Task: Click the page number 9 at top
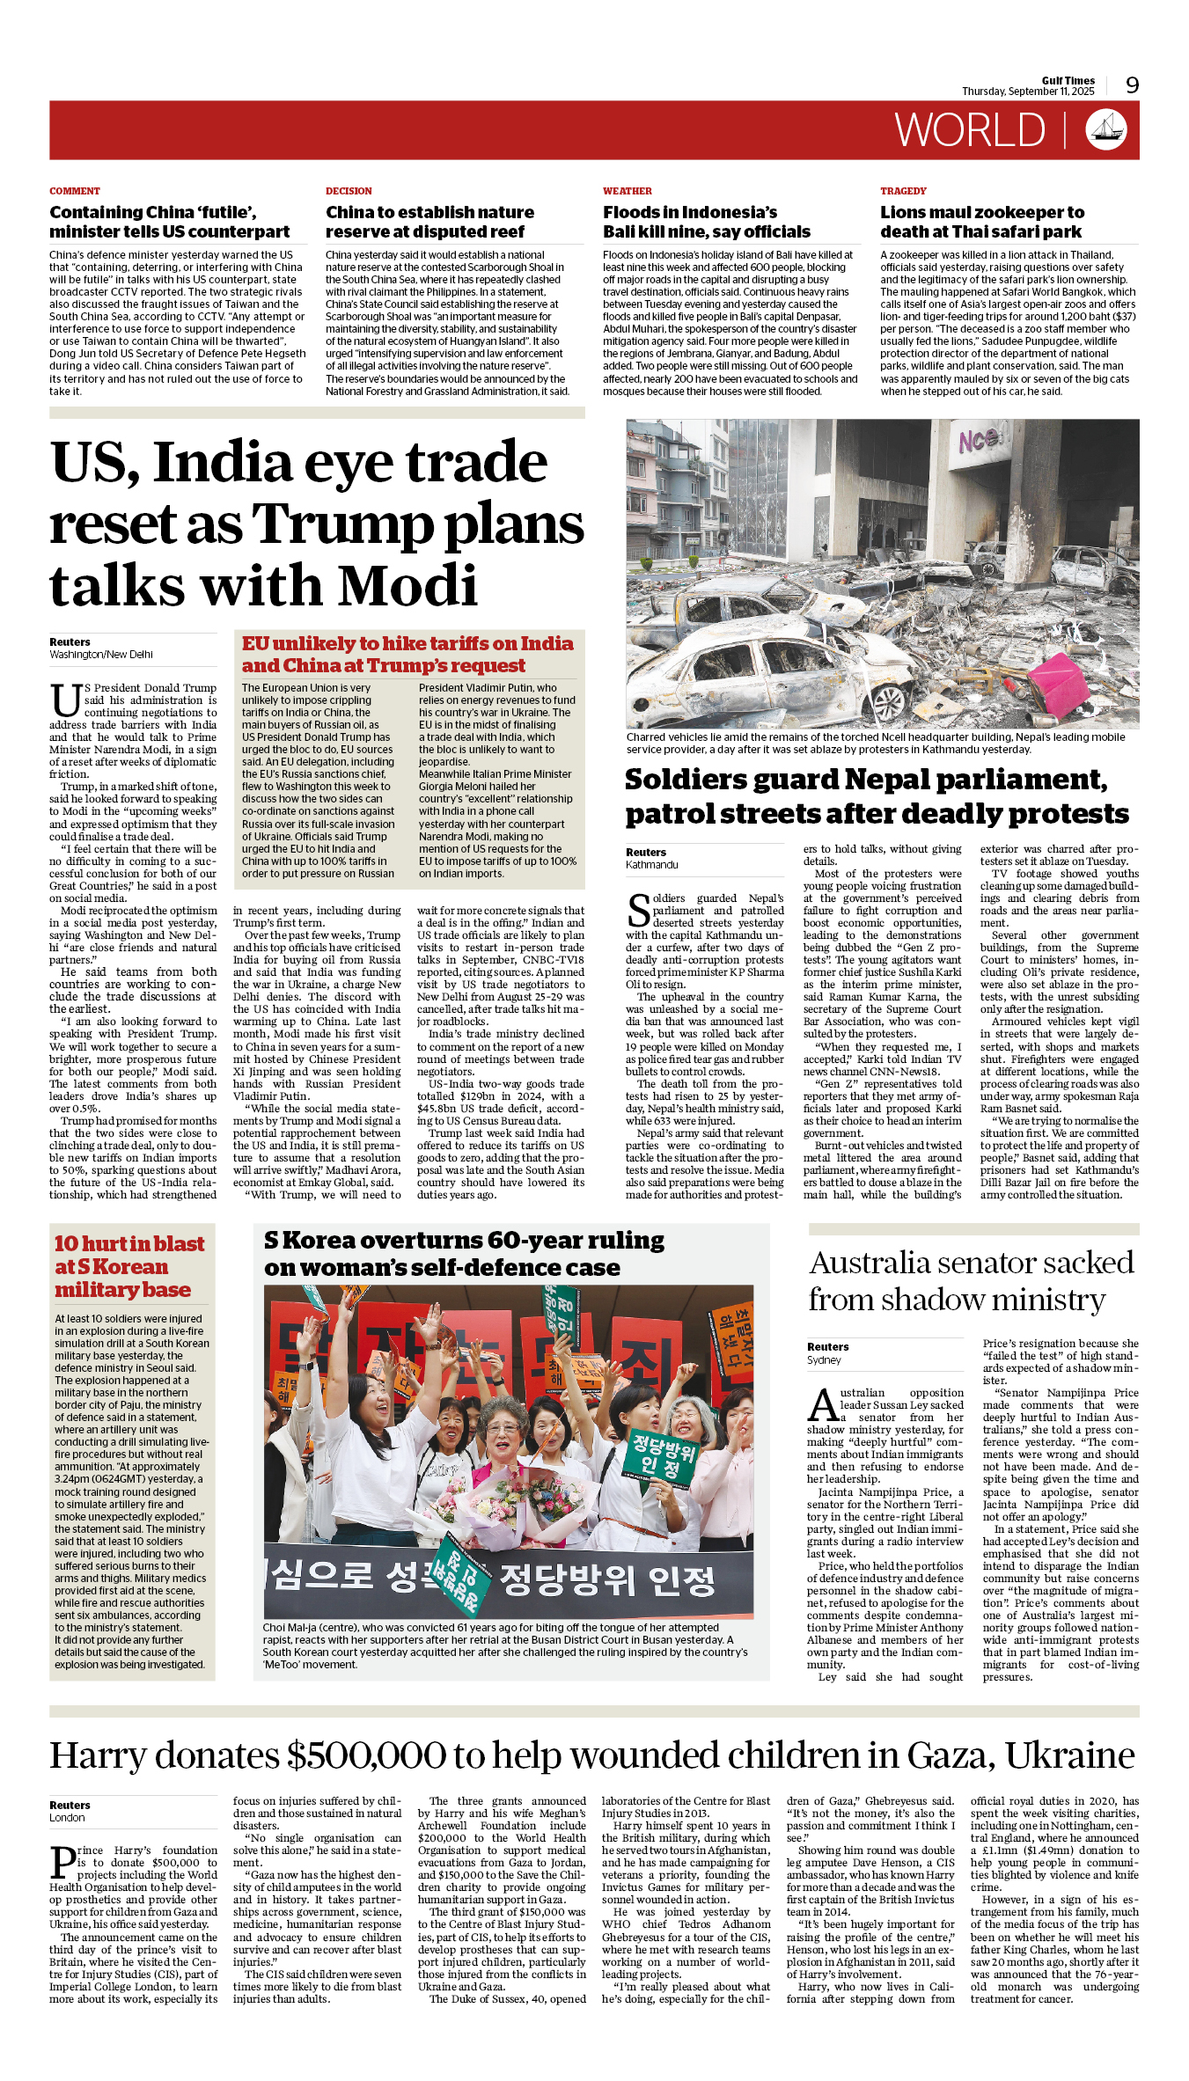(x=1132, y=85)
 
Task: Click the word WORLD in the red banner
(x=970, y=131)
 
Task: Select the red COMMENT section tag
(x=75, y=191)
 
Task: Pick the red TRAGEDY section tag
(x=903, y=191)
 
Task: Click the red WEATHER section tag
(x=628, y=191)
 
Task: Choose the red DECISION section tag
(x=349, y=191)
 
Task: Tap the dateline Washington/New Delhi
(x=101, y=655)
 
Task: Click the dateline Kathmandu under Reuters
(x=652, y=865)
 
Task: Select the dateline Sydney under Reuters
(x=824, y=1359)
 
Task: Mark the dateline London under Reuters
(x=67, y=1817)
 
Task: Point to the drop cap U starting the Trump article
(x=65, y=700)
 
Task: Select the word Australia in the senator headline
(x=870, y=1263)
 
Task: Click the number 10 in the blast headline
(x=67, y=1243)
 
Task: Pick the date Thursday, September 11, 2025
(x=1028, y=92)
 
